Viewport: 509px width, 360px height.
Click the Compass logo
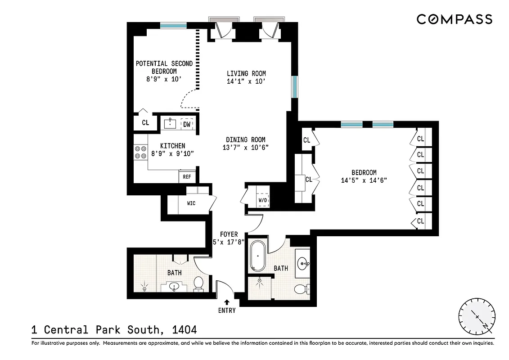pyautogui.click(x=454, y=19)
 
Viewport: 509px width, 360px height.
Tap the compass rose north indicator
pyautogui.click(x=477, y=317)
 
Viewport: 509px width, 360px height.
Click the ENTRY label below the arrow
pyautogui.click(x=227, y=310)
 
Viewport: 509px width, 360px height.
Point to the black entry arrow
pyautogui.click(x=227, y=302)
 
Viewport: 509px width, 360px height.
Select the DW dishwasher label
pyautogui.click(x=187, y=124)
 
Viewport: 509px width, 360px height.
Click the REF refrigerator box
pyautogui.click(x=187, y=177)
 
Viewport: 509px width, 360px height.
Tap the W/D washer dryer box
pyautogui.click(x=262, y=200)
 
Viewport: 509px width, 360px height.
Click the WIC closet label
pyautogui.click(x=191, y=203)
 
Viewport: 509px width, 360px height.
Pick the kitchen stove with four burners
pyautogui.click(x=140, y=152)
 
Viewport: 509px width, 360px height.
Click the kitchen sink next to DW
pyautogui.click(x=170, y=123)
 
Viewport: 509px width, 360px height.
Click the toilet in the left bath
pyautogui.click(x=198, y=284)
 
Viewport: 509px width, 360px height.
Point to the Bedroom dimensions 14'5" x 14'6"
pyautogui.click(x=364, y=180)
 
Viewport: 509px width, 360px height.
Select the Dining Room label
pyautogui.click(x=246, y=140)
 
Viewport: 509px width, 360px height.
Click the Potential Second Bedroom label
pyautogui.click(x=164, y=67)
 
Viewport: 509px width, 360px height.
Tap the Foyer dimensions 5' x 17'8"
pyautogui.click(x=229, y=242)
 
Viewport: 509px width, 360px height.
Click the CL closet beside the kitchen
pyautogui.click(x=145, y=122)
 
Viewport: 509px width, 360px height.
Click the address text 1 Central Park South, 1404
pyautogui.click(x=114, y=330)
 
